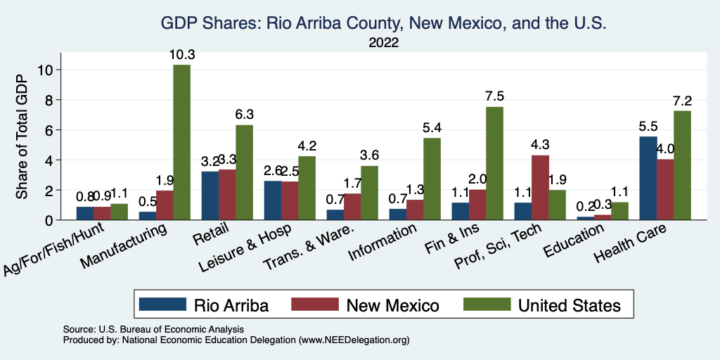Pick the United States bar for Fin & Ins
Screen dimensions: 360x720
click(x=494, y=163)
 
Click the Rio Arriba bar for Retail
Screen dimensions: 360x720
click(x=209, y=195)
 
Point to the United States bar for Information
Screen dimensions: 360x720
click(x=432, y=179)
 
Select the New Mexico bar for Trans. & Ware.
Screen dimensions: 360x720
click(x=352, y=207)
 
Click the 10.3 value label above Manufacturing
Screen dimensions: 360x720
click(x=181, y=54)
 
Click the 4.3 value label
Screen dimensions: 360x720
click(x=540, y=145)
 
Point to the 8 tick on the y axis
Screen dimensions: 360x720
click(x=47, y=100)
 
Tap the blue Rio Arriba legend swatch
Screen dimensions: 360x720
click(x=162, y=304)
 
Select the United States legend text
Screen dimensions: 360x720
click(x=569, y=304)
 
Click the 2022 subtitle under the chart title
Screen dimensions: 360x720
click(x=383, y=44)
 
